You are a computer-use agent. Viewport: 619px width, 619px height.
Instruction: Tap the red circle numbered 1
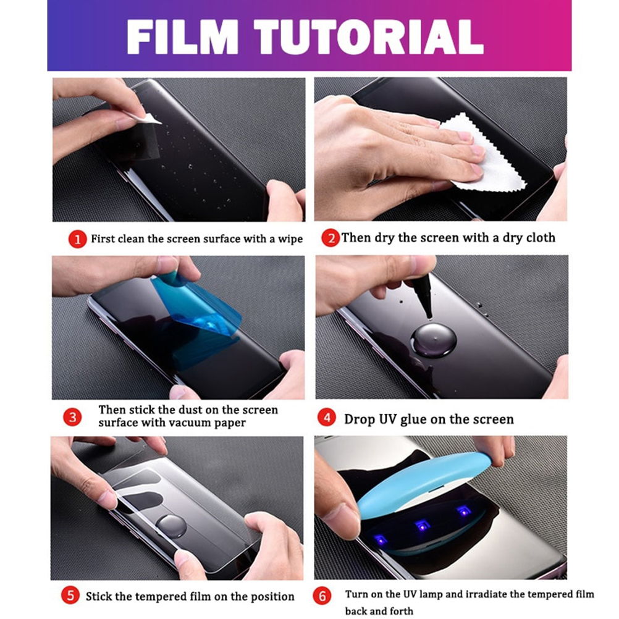[77, 239]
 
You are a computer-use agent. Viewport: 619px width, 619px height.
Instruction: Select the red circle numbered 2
[330, 238]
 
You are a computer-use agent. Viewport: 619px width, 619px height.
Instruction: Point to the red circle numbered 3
[72, 417]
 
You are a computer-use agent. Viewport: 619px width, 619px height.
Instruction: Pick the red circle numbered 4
[327, 418]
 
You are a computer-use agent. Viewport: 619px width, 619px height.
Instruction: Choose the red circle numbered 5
[70, 596]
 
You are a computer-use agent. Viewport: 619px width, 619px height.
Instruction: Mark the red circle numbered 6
[322, 596]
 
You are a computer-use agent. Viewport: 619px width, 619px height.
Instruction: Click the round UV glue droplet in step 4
[434, 340]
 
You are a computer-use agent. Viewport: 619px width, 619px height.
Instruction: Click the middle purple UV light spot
[422, 526]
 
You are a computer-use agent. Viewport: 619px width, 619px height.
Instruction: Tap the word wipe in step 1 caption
[290, 239]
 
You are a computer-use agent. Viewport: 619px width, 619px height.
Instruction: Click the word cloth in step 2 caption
[539, 237]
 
